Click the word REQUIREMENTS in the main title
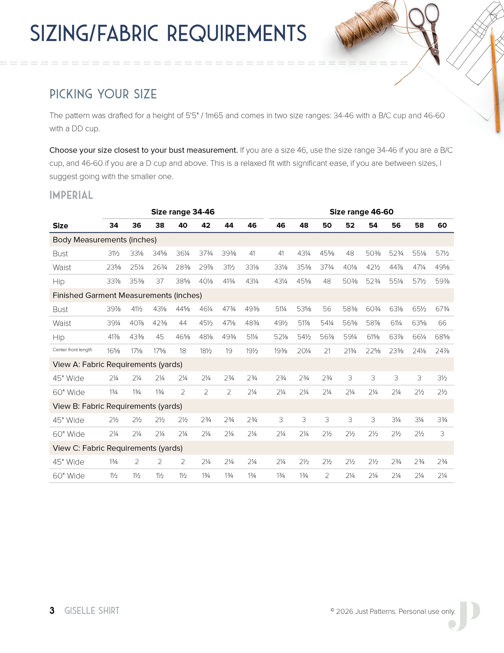click(236, 34)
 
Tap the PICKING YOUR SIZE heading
click(103, 94)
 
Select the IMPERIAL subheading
click(71, 195)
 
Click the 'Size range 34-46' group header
click(182, 212)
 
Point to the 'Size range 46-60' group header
click(361, 212)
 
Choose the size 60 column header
click(442, 226)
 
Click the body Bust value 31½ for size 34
click(114, 254)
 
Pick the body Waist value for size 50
click(327, 267)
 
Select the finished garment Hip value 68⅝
click(442, 337)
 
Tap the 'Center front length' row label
click(72, 350)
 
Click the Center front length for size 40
click(183, 351)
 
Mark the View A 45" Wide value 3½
click(442, 378)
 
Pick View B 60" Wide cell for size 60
click(442, 434)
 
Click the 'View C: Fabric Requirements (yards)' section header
click(118, 448)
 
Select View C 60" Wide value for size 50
click(327, 476)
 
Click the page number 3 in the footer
click(52, 610)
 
